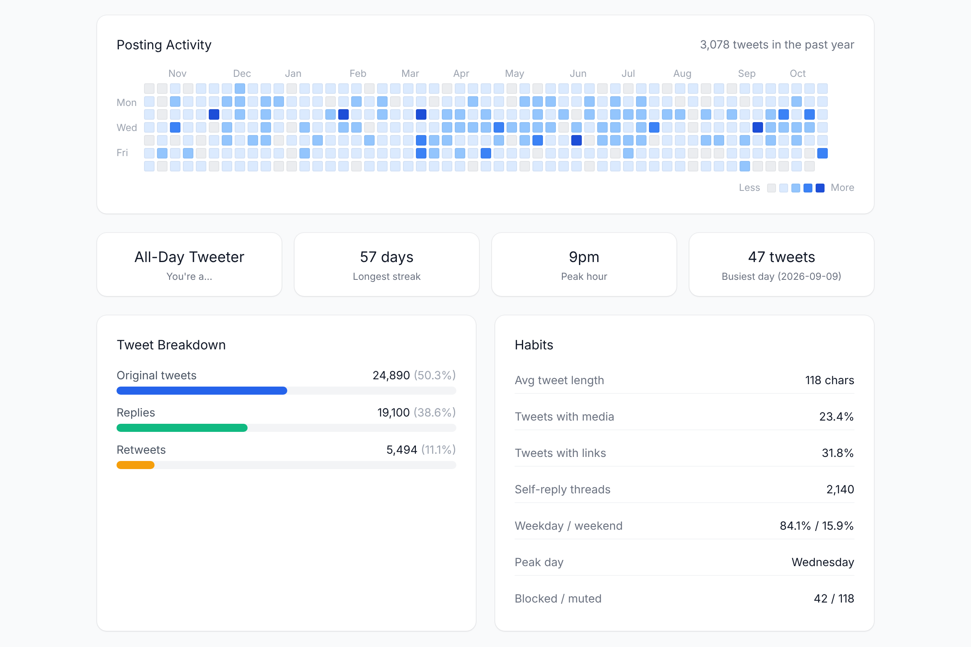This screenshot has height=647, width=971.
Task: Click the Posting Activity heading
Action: point(164,44)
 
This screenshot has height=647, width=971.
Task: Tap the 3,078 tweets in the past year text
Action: point(776,44)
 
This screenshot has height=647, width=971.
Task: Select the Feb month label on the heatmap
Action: point(358,74)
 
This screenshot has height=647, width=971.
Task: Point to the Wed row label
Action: point(126,127)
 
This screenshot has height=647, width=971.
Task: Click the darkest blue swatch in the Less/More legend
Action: point(820,188)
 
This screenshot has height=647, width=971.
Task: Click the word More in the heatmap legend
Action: point(842,188)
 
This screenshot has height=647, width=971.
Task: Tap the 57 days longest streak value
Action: point(386,257)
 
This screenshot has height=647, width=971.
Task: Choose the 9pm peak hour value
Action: point(584,257)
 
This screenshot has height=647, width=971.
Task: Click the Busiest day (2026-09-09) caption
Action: point(781,277)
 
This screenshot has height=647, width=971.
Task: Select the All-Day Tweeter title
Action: point(189,257)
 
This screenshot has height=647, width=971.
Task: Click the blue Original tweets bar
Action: point(202,391)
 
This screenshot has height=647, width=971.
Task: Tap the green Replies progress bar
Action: point(182,428)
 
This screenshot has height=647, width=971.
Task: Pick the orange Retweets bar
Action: point(136,465)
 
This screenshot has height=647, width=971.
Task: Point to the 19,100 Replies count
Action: point(393,412)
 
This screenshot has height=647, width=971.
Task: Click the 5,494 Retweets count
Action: point(401,450)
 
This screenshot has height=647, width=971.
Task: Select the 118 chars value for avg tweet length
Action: point(829,381)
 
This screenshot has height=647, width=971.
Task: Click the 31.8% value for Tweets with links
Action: point(837,453)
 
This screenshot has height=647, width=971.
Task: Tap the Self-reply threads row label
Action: point(562,489)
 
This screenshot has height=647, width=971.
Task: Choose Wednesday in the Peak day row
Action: point(823,562)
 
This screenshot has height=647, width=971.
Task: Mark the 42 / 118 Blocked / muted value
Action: point(833,598)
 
